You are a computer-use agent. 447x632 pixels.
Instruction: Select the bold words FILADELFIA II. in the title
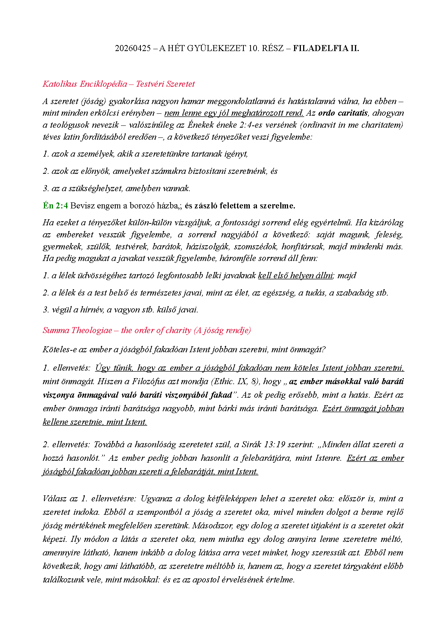(326, 48)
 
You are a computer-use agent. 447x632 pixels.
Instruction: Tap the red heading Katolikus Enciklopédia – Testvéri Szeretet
(119, 84)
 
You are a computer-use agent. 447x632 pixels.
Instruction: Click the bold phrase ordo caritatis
(343, 113)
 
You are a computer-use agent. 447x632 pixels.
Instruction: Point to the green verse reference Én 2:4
(55, 206)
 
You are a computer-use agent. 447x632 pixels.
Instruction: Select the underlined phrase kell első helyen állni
(295, 276)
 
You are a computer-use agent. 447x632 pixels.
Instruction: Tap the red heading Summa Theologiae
(77, 330)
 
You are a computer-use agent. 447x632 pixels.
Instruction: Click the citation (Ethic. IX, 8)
(235, 382)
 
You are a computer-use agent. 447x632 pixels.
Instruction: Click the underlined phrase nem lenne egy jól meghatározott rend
(234, 113)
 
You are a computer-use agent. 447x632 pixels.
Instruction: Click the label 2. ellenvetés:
(66, 445)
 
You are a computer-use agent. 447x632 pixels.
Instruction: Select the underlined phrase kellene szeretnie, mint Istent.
(95, 422)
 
